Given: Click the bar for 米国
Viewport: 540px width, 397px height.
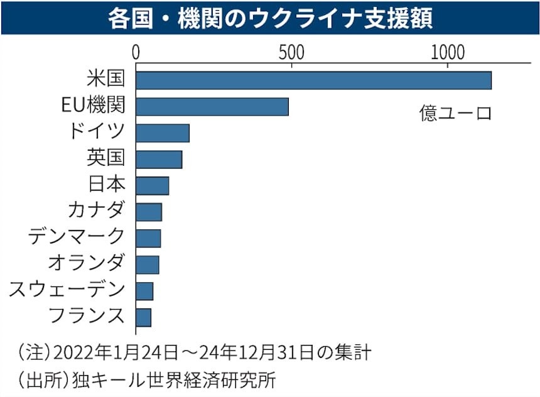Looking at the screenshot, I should pyautogui.click(x=313, y=80).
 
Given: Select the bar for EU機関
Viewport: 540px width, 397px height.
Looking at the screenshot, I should pyautogui.click(x=212, y=107).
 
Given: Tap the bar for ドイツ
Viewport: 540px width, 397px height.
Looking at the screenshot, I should pyautogui.click(x=163, y=133).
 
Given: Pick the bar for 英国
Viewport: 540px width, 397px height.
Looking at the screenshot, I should pyautogui.click(x=159, y=160).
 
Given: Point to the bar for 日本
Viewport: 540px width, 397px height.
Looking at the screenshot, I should pyautogui.click(x=153, y=186).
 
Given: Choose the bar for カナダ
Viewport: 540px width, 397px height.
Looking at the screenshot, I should pyautogui.click(x=149, y=212).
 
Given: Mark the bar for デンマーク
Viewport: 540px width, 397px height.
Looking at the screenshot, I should pyautogui.click(x=148, y=239).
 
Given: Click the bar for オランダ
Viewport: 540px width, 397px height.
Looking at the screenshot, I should pyautogui.click(x=148, y=265).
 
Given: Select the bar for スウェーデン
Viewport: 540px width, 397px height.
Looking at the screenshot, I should pyautogui.click(x=144, y=291).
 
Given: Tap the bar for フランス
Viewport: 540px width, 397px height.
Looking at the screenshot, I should pyautogui.click(x=144, y=318).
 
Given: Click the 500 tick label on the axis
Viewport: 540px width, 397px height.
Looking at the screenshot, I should pyautogui.click(x=291, y=51).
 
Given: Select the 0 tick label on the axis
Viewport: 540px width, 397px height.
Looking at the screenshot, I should pyautogui.click(x=136, y=51).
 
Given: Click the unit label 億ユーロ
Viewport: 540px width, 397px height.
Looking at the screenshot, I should pyautogui.click(x=455, y=114).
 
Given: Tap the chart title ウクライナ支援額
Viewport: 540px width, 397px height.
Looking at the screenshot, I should pyautogui.click(x=270, y=18).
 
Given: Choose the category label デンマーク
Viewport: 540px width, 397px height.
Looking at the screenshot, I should pyautogui.click(x=77, y=236).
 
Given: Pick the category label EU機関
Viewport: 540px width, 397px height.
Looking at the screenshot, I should pyautogui.click(x=93, y=105).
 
